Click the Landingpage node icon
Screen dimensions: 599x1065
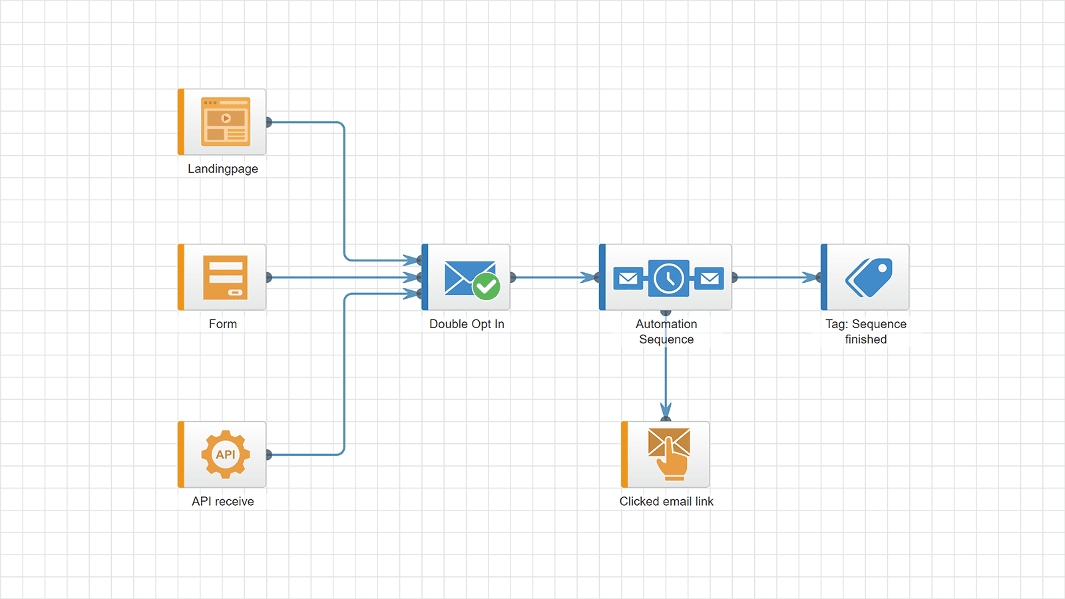pos(226,122)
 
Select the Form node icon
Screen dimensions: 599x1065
pos(226,277)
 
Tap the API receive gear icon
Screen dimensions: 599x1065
pos(226,455)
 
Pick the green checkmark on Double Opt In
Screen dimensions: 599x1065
pos(487,287)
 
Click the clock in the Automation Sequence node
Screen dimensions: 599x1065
pos(668,278)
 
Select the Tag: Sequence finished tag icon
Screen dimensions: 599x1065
pos(869,277)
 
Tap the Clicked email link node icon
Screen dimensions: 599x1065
pos(669,454)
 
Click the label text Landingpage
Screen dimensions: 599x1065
pos(222,169)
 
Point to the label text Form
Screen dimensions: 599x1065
pos(222,324)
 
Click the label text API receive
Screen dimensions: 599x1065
pos(222,502)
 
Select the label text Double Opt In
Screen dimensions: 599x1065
pos(467,324)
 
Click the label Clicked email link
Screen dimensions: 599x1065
pos(666,502)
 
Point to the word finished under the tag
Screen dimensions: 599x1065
pos(866,339)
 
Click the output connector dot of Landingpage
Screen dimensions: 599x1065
pos(268,122)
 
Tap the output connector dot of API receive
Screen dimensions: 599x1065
pos(268,455)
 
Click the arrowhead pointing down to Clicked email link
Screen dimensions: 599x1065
pos(666,409)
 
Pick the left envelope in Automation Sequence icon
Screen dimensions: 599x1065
pos(628,278)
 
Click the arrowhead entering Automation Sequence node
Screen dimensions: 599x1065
pos(589,278)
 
